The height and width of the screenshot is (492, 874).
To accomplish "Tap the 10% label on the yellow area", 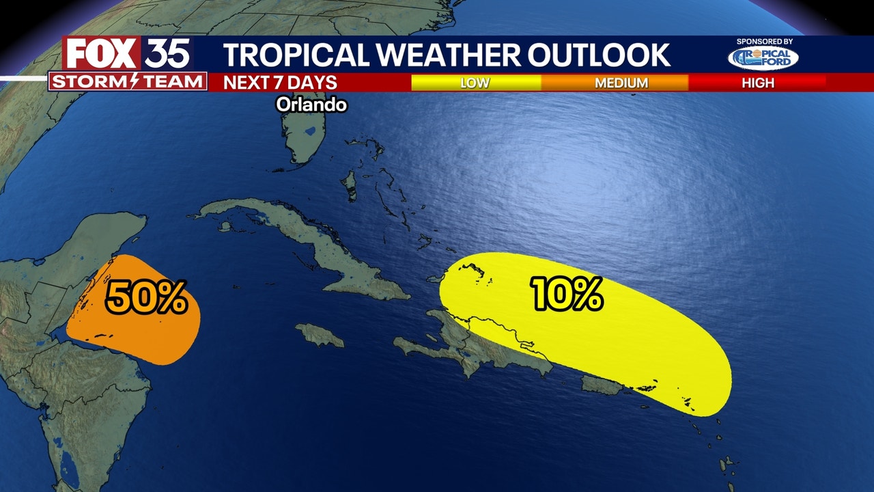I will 567,295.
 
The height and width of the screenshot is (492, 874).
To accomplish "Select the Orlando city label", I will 311,105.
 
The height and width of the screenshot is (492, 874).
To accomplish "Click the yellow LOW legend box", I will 475,83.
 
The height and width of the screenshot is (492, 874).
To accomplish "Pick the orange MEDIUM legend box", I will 621,83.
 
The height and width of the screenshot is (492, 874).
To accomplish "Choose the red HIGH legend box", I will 758,83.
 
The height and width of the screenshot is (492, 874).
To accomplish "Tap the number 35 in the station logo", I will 167,54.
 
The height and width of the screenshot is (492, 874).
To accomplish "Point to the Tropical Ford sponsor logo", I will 763,59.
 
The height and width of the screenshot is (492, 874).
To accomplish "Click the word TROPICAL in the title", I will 294,55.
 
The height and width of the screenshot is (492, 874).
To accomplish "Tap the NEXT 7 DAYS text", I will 281,83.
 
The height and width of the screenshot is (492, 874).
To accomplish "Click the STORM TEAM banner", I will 128,82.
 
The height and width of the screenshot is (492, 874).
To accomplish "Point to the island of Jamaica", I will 320,335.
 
